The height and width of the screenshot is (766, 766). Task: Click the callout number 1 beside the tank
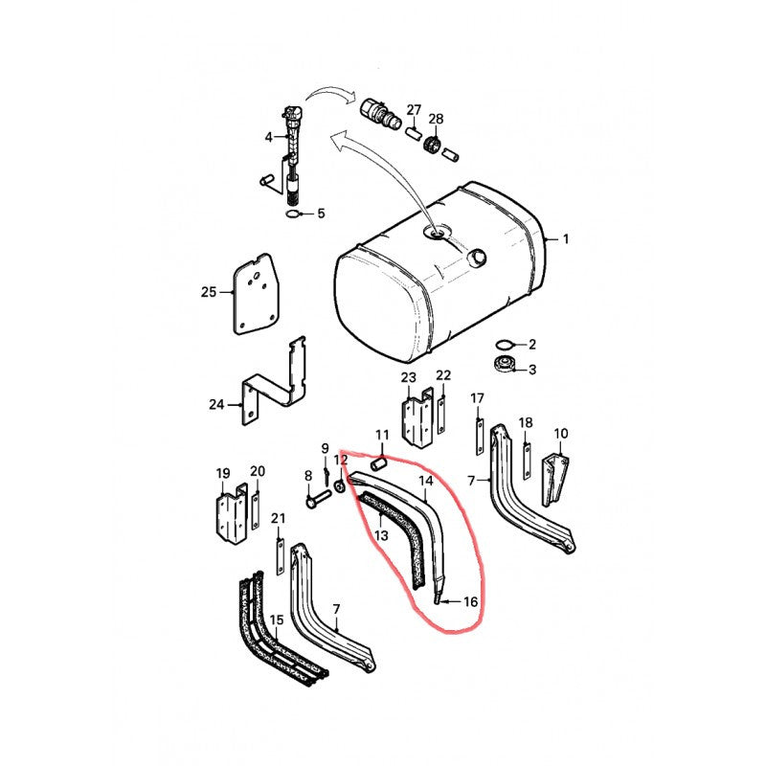[x=566, y=238]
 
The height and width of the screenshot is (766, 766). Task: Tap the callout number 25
[x=209, y=292]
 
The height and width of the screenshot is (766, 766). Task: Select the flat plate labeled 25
[x=257, y=294]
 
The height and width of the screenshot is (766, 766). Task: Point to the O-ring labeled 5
[x=293, y=214]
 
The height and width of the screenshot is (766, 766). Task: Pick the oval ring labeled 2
[x=504, y=345]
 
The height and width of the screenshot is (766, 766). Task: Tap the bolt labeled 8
[x=318, y=498]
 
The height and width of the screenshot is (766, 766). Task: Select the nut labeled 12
[x=340, y=486]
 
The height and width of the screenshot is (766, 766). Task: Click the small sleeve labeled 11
[x=379, y=462]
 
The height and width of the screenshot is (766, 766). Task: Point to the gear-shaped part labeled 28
[x=435, y=145]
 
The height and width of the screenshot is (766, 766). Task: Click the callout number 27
[x=414, y=109]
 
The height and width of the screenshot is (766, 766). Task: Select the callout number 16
[x=470, y=601]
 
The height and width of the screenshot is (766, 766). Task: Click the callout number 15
[x=277, y=620]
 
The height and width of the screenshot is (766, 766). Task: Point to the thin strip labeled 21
[x=280, y=556]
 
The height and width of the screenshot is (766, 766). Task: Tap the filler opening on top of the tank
[x=438, y=233]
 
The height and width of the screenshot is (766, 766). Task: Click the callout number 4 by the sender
[x=268, y=137]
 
